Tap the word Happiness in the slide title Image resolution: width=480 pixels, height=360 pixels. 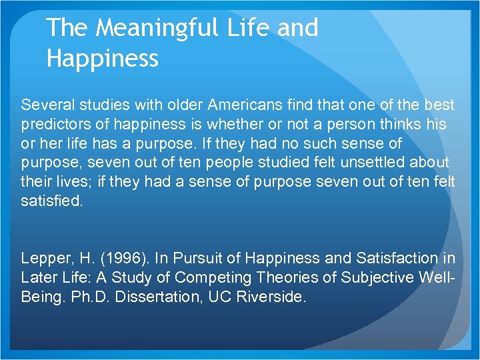[103, 59]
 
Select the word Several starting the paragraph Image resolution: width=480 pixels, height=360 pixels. [46, 105]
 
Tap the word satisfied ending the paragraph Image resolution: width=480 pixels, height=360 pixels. [51, 200]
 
